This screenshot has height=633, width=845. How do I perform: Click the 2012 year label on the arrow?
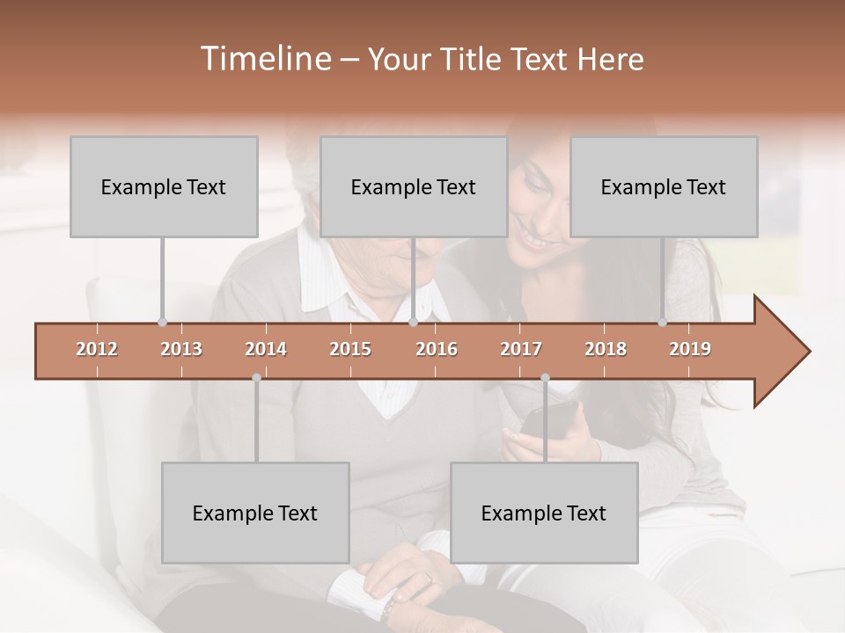pyautogui.click(x=97, y=349)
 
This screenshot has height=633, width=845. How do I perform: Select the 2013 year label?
pyautogui.click(x=181, y=349)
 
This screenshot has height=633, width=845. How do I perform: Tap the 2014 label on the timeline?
pyautogui.click(x=266, y=349)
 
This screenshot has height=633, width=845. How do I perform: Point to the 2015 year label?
pyautogui.click(x=350, y=349)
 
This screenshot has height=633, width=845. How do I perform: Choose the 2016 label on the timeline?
pyautogui.click(x=437, y=349)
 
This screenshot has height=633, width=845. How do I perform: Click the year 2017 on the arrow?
pyautogui.click(x=521, y=349)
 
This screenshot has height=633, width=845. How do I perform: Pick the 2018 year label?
pyautogui.click(x=606, y=349)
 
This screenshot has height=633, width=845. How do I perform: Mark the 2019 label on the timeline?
pyautogui.click(x=690, y=349)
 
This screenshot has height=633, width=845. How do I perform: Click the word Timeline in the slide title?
pyautogui.click(x=265, y=59)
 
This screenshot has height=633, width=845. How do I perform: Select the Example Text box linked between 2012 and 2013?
pyautogui.click(x=164, y=186)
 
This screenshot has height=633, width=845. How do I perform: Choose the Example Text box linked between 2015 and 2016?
pyautogui.click(x=414, y=186)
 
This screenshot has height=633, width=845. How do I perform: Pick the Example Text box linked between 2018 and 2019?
pyautogui.click(x=664, y=186)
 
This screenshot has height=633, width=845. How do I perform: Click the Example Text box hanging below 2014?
pyautogui.click(x=255, y=513)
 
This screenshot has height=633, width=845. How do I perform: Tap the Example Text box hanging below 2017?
pyautogui.click(x=544, y=513)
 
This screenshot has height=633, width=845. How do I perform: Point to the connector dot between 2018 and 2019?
pyautogui.click(x=663, y=323)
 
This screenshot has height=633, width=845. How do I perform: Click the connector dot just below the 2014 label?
pyautogui.click(x=256, y=377)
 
